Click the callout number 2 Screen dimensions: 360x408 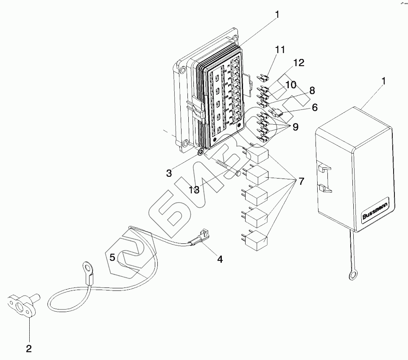(29, 349)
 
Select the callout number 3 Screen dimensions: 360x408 (169, 173)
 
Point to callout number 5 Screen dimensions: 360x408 (112, 257)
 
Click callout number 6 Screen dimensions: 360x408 (314, 108)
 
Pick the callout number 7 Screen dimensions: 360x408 (301, 181)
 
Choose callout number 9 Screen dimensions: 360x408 (295, 126)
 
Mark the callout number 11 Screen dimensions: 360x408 (279, 50)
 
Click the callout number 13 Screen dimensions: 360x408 (194, 190)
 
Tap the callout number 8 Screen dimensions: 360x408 (312, 90)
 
